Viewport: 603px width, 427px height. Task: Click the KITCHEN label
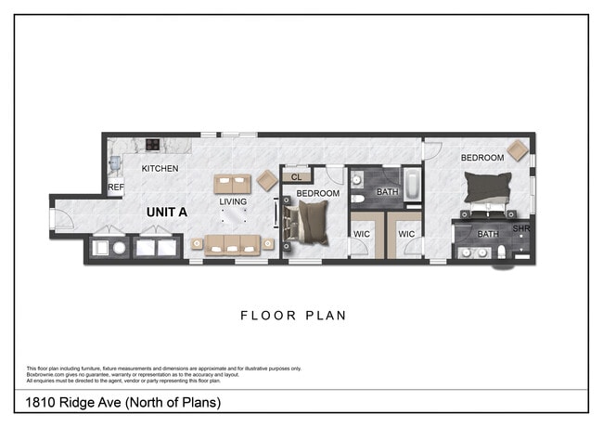pyautogui.click(x=160, y=169)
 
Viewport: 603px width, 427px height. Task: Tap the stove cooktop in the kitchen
pyautogui.click(x=151, y=145)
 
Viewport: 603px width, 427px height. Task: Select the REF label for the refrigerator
pyautogui.click(x=116, y=188)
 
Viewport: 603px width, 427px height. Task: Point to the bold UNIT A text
pyautogui.click(x=167, y=212)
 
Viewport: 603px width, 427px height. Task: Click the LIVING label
pyautogui.click(x=233, y=201)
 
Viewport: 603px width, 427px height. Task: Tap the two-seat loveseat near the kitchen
pyautogui.click(x=233, y=182)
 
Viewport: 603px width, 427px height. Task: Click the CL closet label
pyautogui.click(x=297, y=176)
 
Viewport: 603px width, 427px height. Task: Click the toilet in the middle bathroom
pyautogui.click(x=357, y=199)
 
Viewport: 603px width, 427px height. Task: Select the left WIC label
pyautogui.click(x=362, y=235)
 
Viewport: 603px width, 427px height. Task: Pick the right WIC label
pyautogui.click(x=406, y=235)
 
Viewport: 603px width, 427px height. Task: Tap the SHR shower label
pyautogui.click(x=520, y=227)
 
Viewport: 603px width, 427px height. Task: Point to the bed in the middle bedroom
pyautogui.click(x=310, y=223)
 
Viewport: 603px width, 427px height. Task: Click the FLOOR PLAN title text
pyautogui.click(x=293, y=316)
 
